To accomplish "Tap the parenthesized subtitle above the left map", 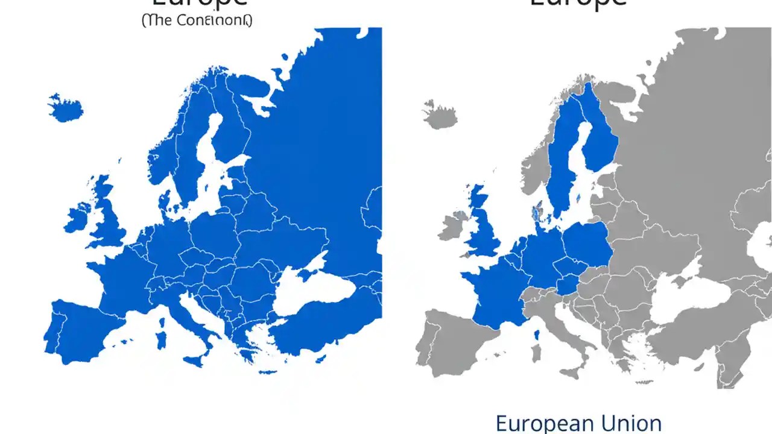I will [197, 20].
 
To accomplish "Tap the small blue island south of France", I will [536, 335].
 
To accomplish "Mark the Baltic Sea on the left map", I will [208, 175].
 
